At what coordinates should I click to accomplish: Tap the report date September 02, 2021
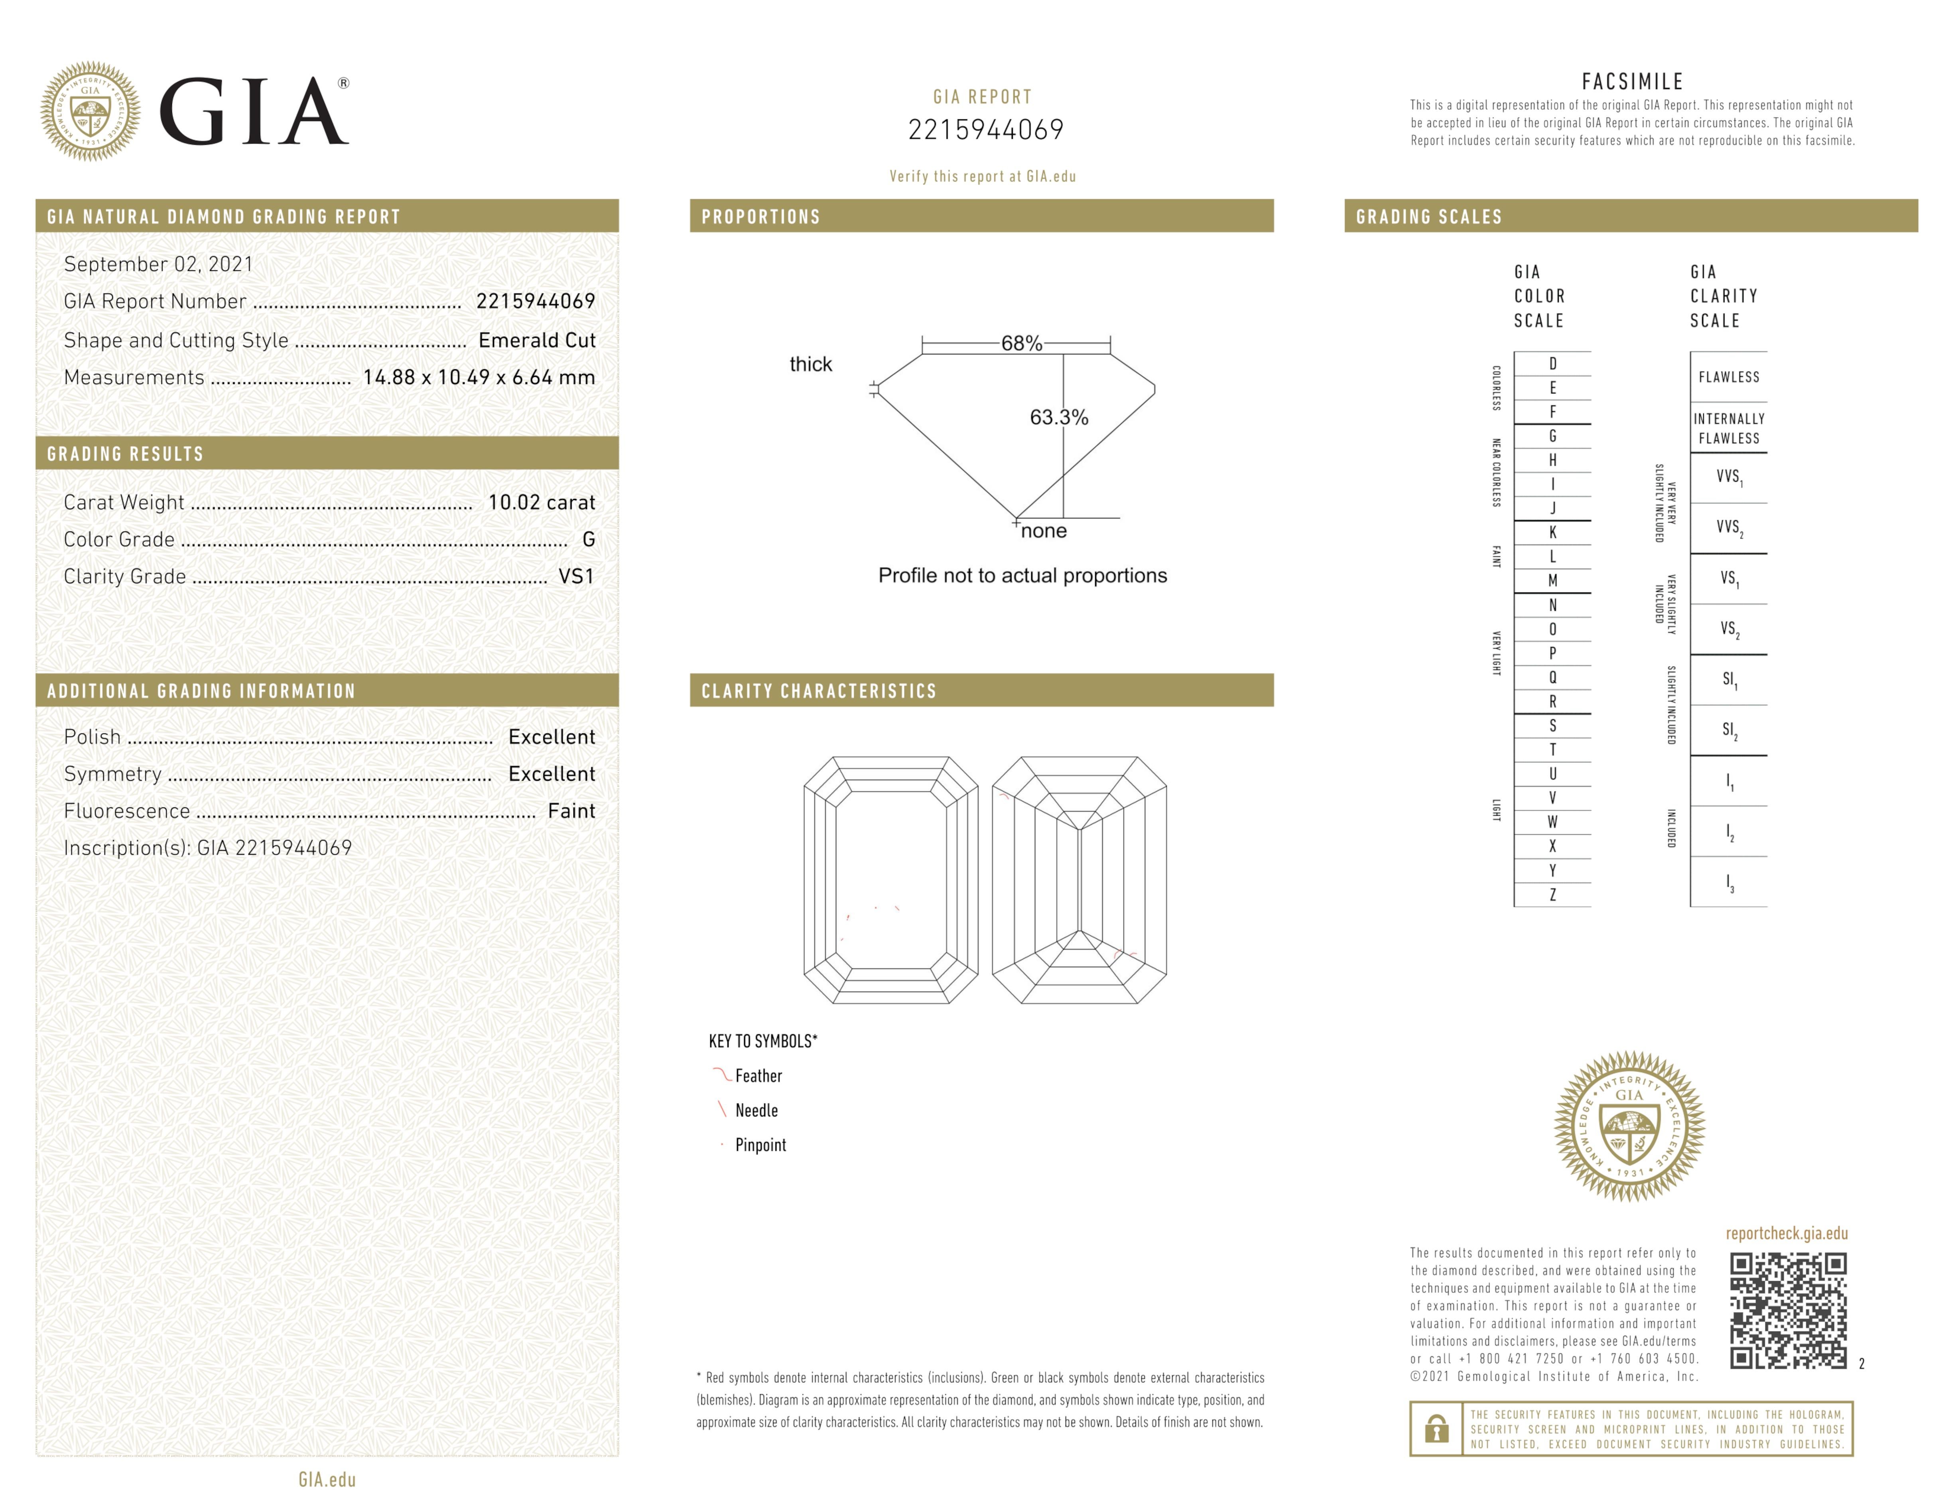pyautogui.click(x=158, y=264)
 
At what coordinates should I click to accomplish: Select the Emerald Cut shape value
pyautogui.click(x=537, y=340)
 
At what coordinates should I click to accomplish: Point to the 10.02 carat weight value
pyautogui.click(x=541, y=502)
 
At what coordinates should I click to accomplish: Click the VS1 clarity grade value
pyautogui.click(x=576, y=576)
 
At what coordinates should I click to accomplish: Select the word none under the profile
pyautogui.click(x=1044, y=531)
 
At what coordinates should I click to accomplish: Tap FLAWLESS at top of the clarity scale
pyautogui.click(x=1729, y=377)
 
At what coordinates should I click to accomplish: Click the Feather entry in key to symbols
pyautogui.click(x=758, y=1076)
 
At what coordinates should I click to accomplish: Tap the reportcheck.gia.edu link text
pyautogui.click(x=1787, y=1234)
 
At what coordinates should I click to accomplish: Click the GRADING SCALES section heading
pyautogui.click(x=1429, y=217)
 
